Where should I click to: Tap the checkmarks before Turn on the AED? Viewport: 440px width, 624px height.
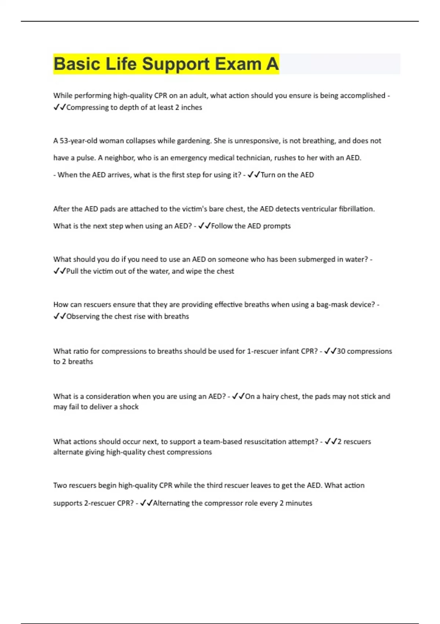tap(254, 175)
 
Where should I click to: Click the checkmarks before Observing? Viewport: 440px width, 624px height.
tap(59, 316)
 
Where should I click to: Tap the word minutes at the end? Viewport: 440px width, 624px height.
tap(299, 503)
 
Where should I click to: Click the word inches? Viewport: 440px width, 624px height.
tap(191, 108)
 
